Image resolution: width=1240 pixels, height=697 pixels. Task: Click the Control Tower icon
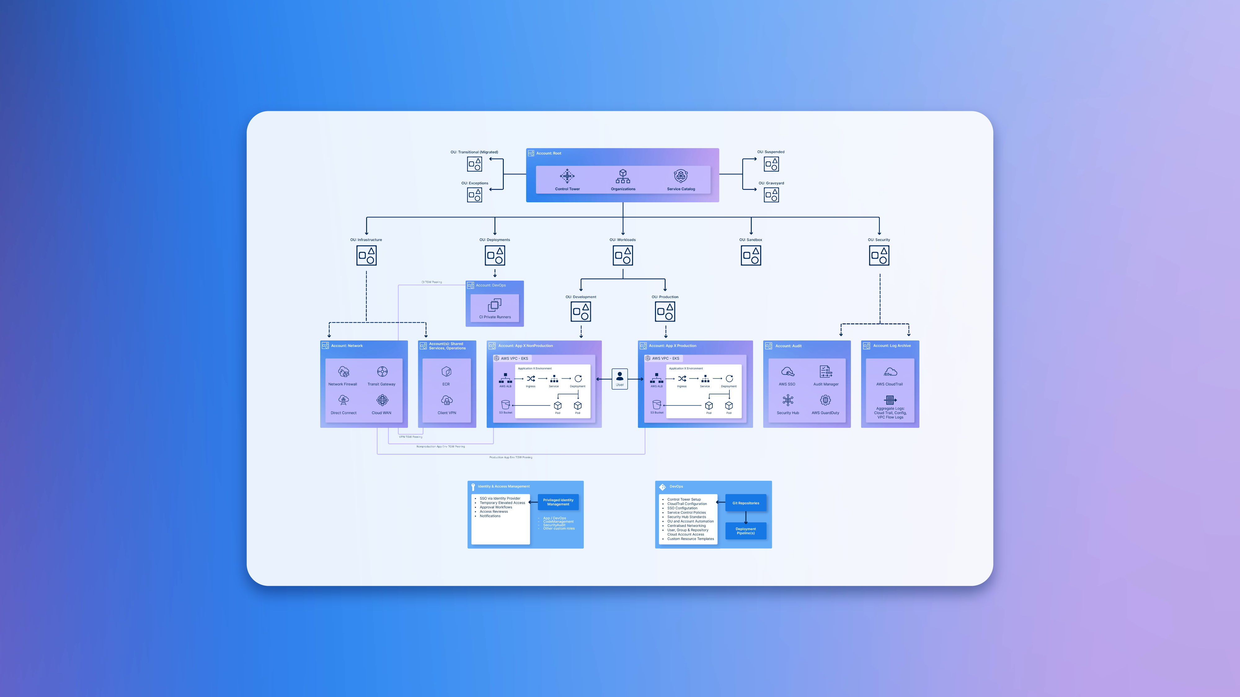click(567, 176)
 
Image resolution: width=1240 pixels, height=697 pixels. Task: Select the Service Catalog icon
click(681, 176)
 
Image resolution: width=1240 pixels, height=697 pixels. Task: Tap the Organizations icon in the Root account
click(623, 176)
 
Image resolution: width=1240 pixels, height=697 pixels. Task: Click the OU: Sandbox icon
click(751, 256)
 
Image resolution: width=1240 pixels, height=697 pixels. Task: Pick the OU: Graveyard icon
click(771, 195)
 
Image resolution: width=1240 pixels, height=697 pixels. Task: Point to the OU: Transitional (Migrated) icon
click(475, 164)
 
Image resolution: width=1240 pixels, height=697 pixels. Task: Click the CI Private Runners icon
click(495, 305)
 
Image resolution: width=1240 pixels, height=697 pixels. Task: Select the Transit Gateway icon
click(382, 372)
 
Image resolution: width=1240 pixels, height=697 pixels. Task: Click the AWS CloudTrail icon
click(890, 372)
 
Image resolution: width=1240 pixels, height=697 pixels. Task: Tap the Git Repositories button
click(746, 503)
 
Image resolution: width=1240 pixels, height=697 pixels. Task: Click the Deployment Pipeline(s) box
click(746, 531)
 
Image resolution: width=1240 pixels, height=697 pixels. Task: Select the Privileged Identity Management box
click(558, 502)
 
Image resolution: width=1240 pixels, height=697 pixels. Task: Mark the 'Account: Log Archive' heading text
click(892, 346)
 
